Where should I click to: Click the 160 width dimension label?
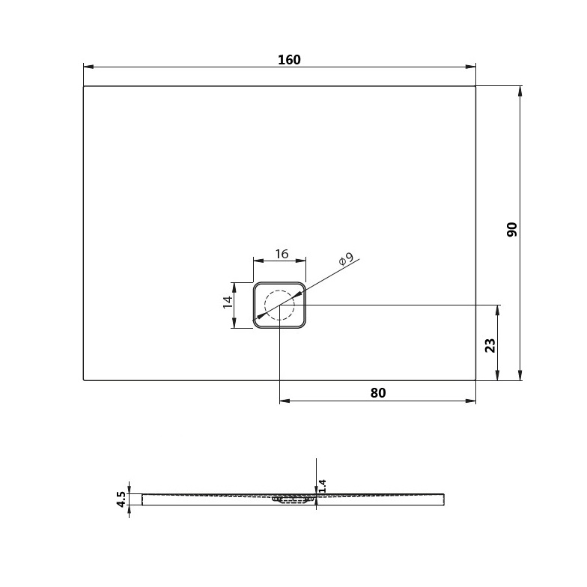(289, 60)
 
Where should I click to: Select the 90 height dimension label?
(512, 229)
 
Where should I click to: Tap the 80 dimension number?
(377, 392)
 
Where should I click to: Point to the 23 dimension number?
(490, 345)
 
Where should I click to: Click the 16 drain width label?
(282, 254)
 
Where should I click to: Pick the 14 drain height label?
(228, 302)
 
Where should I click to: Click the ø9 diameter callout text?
(346, 259)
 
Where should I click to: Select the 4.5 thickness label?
(121, 499)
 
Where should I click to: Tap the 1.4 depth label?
(322, 486)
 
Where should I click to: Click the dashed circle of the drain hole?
(280, 291)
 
